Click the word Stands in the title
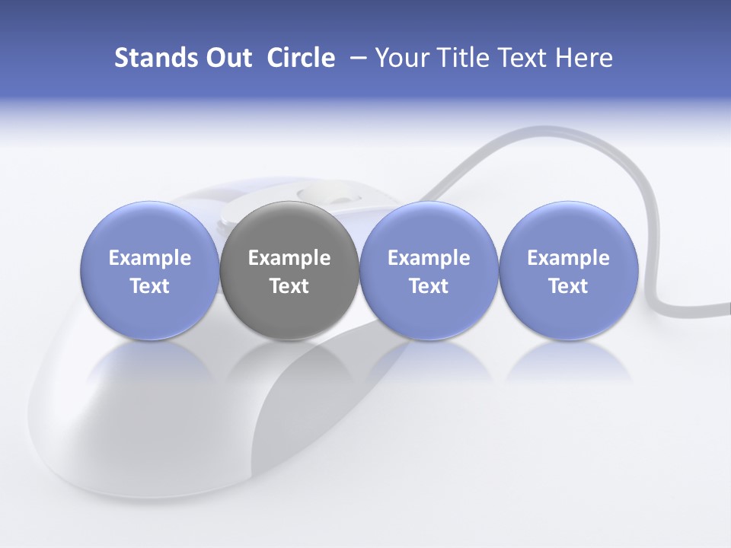coord(155,58)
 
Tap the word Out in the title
coord(228,58)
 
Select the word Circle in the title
coord(301,58)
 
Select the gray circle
coord(289,270)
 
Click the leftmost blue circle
coord(149,270)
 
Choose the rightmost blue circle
coord(568,270)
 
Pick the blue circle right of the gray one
coord(429,270)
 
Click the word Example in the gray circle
coord(289,259)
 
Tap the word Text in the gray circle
coord(289,286)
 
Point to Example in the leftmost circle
coord(149,259)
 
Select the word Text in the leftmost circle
coord(149,286)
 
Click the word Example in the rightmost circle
coord(568,259)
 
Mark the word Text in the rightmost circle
coord(568,286)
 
